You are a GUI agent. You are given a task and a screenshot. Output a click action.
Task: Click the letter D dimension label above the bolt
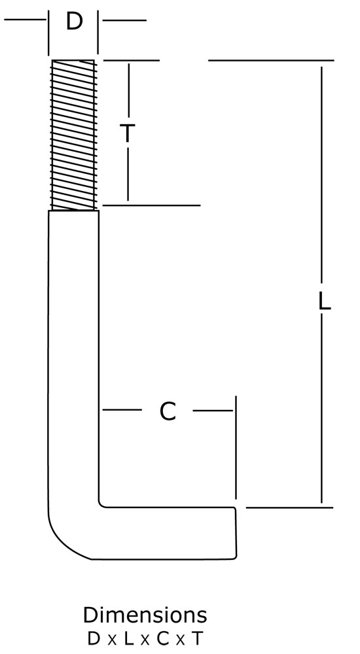click(x=75, y=22)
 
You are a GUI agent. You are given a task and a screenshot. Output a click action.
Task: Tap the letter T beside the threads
click(x=128, y=133)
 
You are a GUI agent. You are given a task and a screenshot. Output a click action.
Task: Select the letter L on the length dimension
click(x=325, y=301)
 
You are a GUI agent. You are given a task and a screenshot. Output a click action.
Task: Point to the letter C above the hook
click(x=168, y=411)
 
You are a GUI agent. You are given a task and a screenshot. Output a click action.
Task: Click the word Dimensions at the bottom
click(x=145, y=615)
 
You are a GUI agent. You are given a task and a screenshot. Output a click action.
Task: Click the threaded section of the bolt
click(x=73, y=135)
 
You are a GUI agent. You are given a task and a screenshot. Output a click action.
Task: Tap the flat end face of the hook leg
click(x=235, y=532)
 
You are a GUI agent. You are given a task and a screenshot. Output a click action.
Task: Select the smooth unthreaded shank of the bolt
click(x=73, y=354)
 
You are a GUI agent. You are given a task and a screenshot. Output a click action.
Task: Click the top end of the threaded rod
click(x=73, y=60)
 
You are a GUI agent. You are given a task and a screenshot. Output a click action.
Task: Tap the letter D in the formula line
click(x=94, y=638)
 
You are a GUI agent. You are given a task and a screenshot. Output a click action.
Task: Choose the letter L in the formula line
click(x=129, y=638)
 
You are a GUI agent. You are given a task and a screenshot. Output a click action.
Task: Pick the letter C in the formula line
click(x=162, y=638)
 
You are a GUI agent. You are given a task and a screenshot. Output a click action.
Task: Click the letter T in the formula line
click(x=197, y=638)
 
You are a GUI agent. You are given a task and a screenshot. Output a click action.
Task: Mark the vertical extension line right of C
click(x=236, y=447)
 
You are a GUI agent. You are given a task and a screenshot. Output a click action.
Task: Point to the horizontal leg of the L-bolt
click(x=167, y=533)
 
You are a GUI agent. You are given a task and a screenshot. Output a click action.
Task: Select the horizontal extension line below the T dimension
click(x=151, y=205)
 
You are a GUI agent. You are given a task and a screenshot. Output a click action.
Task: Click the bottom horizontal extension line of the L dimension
click(x=289, y=508)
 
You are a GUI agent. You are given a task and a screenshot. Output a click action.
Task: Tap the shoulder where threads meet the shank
click(x=73, y=211)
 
